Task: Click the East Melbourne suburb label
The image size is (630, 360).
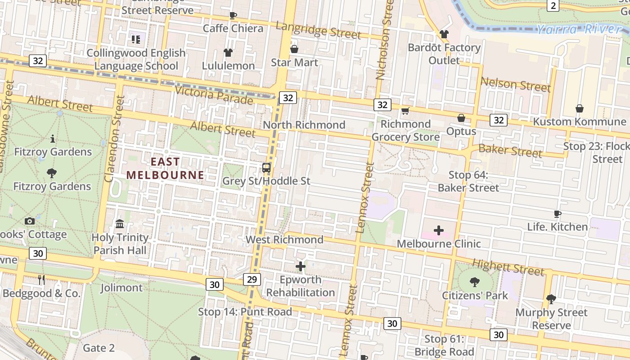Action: coord(165,168)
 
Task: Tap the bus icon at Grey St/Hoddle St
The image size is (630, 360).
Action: coord(266,168)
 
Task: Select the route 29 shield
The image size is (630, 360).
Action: coord(252,279)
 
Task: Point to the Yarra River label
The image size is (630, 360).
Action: coord(580,30)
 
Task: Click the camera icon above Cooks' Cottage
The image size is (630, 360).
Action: coord(30,221)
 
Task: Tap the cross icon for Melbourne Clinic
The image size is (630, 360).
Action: coord(438,231)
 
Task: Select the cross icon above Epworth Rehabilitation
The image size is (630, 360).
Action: coord(300,266)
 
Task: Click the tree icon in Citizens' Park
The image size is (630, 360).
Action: coord(474,282)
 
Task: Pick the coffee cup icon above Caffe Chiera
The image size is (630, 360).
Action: coord(233,16)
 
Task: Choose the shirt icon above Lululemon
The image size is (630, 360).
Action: coord(228,53)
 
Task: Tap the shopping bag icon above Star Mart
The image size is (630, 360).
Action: coord(294,49)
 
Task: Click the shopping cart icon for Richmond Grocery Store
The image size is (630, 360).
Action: coord(405,111)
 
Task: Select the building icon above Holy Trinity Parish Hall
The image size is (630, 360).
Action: coord(120,224)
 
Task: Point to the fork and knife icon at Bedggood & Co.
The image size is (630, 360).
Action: coord(41,280)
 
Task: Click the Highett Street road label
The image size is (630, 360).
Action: coord(508,267)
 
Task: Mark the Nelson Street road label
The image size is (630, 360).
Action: coord(515,84)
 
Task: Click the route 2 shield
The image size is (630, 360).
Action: coord(553,5)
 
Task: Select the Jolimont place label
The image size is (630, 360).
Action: coord(121,288)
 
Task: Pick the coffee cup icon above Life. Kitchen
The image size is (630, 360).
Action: coord(558,214)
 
